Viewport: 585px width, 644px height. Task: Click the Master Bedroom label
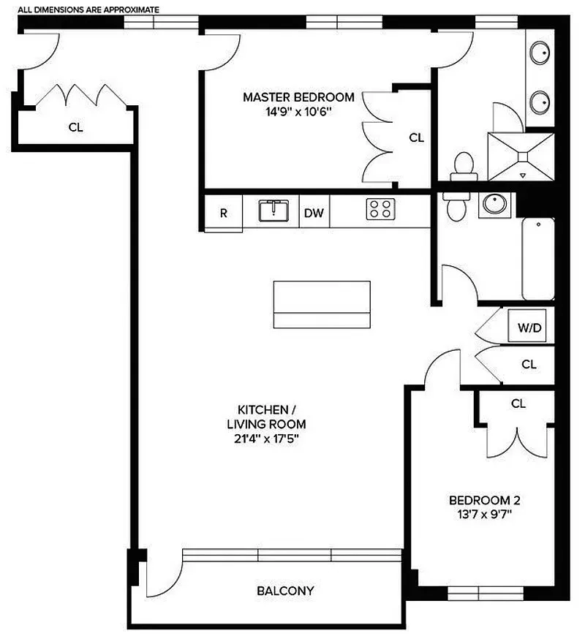tap(298, 96)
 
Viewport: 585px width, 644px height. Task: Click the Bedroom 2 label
tap(484, 501)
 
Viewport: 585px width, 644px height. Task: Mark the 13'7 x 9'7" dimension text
tap(484, 515)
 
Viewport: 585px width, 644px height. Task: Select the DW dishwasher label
tap(314, 214)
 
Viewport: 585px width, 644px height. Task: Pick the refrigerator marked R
tap(223, 214)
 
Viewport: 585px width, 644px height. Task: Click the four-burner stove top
tap(380, 210)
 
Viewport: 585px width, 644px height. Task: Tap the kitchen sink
tap(275, 211)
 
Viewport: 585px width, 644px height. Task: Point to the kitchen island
tap(322, 304)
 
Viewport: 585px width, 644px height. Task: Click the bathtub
tap(537, 259)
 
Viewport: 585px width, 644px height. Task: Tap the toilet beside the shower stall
tap(462, 167)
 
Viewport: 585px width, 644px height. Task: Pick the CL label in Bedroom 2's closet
tap(518, 404)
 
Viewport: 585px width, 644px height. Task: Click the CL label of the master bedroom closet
tap(416, 137)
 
